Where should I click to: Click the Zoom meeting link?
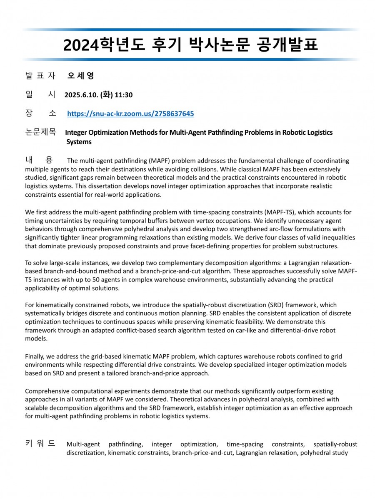(x=130, y=114)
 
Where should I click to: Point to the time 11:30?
(x=124, y=95)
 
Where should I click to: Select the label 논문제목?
(x=40, y=133)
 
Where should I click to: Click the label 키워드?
(x=40, y=444)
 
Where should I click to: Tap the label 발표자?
(x=40, y=76)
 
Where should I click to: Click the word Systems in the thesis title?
(x=79, y=142)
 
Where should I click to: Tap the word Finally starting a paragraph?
(x=36, y=357)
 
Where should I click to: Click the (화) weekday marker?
(x=106, y=95)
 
